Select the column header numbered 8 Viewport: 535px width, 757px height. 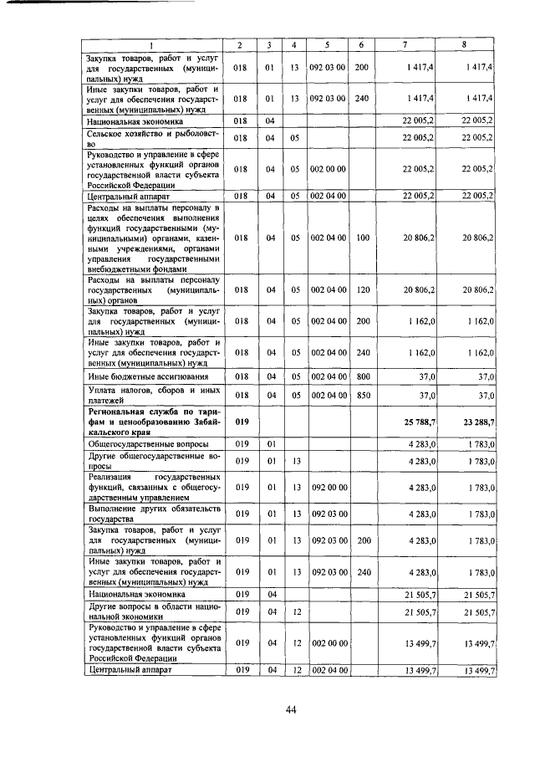[464, 44]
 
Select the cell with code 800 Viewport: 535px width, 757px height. [362, 377]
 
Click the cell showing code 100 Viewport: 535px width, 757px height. [362, 238]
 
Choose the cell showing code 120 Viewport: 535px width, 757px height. [362, 289]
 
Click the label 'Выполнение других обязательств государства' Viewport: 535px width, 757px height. [152, 512]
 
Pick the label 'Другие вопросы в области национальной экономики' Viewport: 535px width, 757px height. [152, 613]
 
